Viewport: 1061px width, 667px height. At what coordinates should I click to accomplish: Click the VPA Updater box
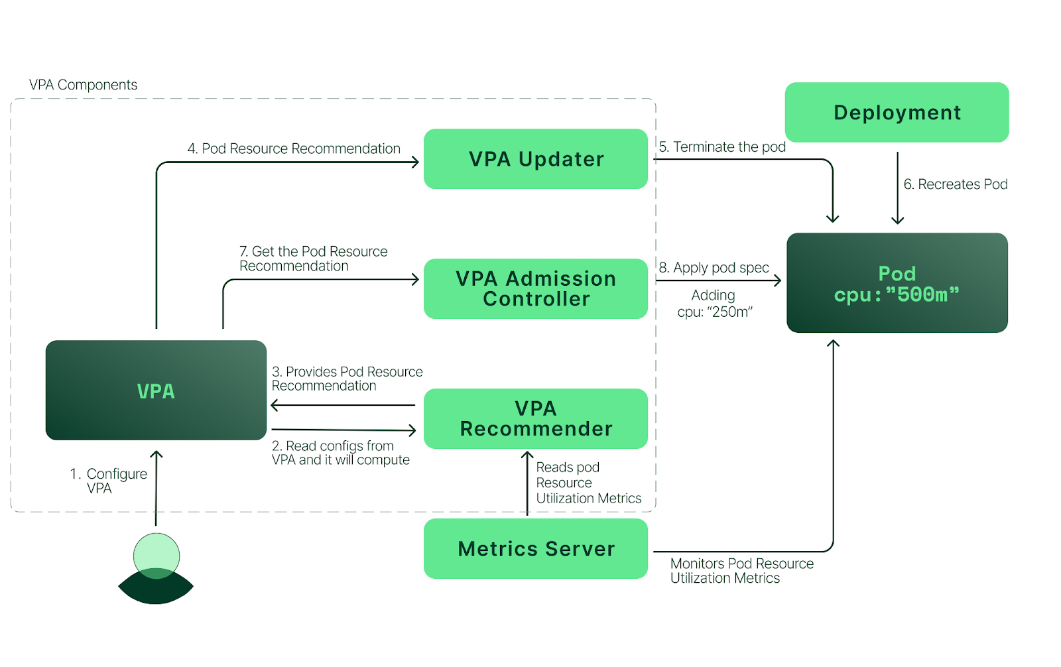coord(536,159)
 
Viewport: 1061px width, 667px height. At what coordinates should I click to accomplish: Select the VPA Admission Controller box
coord(536,289)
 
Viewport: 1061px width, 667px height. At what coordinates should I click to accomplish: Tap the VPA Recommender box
coord(536,419)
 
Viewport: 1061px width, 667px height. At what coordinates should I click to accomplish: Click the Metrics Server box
coord(536,549)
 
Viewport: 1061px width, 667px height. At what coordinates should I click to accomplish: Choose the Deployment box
coord(897,113)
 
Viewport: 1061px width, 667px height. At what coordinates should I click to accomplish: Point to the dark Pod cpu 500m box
coord(897,283)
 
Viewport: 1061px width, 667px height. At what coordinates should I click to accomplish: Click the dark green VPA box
coord(156,391)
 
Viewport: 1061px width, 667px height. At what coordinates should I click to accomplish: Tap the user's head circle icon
coord(156,554)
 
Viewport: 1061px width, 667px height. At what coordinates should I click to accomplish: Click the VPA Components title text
coord(83,85)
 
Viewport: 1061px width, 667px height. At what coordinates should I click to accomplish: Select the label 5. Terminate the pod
coord(722,147)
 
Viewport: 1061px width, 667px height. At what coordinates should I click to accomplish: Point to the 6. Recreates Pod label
coord(955,184)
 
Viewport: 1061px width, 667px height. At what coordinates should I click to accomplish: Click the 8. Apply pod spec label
coord(714,268)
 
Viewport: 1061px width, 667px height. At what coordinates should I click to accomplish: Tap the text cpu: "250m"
coord(715,312)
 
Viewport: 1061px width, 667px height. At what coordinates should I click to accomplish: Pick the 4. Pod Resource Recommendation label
coord(294,149)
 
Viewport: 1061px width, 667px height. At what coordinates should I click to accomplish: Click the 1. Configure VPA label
coord(109,481)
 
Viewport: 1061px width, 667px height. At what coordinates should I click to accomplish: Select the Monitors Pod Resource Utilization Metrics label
coord(741,571)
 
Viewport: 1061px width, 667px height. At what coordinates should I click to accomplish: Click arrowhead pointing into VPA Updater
coord(415,162)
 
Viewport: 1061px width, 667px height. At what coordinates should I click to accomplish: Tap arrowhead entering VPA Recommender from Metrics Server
coord(527,455)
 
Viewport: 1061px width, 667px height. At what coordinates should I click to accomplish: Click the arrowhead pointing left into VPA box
coord(275,405)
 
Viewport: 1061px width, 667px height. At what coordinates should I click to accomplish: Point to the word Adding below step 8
coord(713,295)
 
